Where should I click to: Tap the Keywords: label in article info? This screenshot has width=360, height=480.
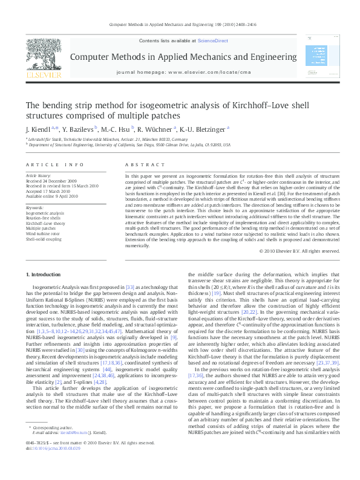[34, 209]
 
